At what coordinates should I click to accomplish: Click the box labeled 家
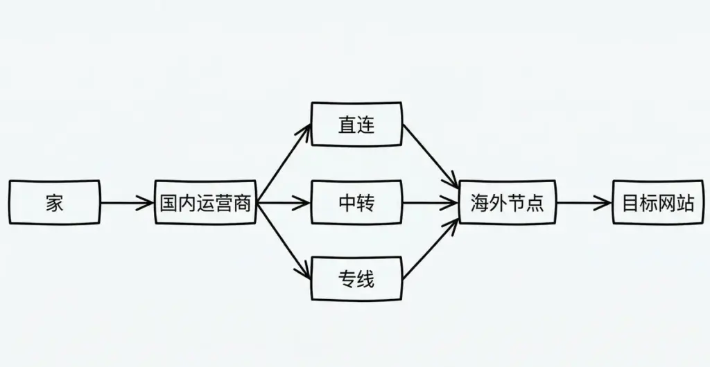[54, 203]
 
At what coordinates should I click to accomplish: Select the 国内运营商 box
[205, 203]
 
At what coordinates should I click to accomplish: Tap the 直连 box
[356, 124]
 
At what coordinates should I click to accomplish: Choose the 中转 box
[356, 203]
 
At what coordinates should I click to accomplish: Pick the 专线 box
[356, 279]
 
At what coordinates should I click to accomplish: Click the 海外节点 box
[507, 203]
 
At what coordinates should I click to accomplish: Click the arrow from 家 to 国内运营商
[127, 203]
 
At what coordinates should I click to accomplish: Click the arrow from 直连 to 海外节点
[431, 154]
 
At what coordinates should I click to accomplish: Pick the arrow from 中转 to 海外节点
[431, 203]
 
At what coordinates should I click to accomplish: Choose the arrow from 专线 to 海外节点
[431, 250]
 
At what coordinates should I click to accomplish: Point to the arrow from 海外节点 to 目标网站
[583, 203]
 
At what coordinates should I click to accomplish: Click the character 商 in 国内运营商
[242, 204]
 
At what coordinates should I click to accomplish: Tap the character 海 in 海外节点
[480, 204]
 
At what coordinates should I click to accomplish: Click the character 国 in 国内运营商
[168, 204]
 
